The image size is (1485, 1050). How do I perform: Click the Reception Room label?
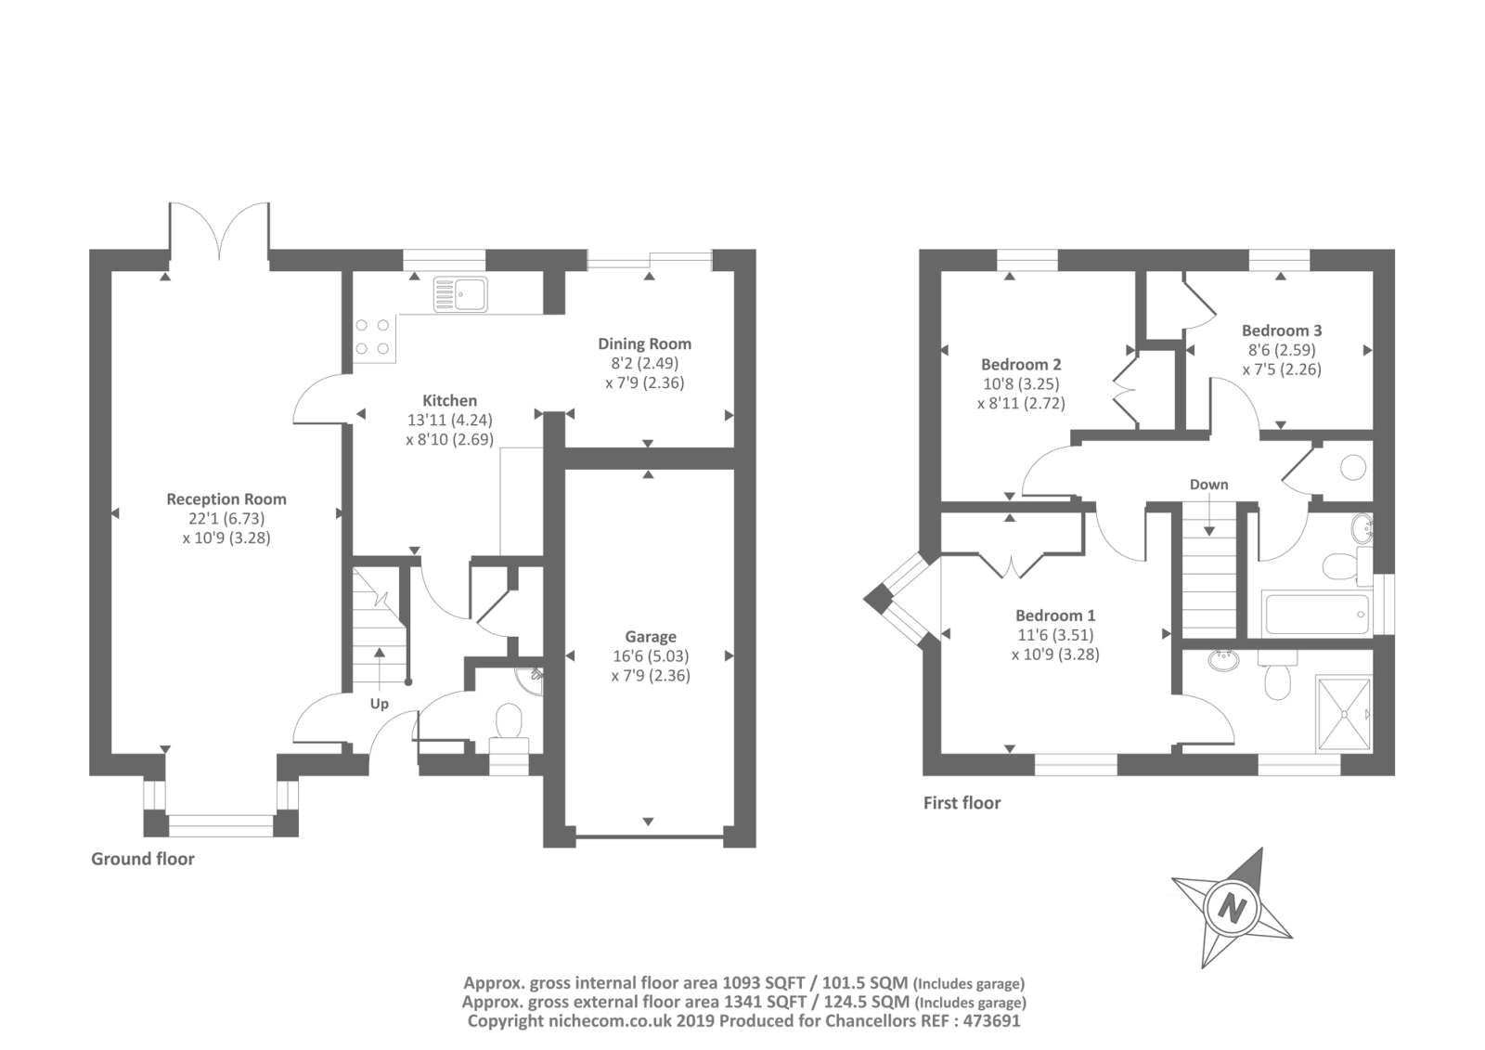coord(226,499)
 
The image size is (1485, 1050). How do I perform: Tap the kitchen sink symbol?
coord(460,294)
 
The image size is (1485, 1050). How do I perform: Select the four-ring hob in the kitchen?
coord(373,337)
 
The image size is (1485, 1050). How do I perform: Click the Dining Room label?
coord(644,344)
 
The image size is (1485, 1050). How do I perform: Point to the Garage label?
coord(651,637)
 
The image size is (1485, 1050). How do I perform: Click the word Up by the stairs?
coord(380,704)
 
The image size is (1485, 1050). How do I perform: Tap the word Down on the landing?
coord(1208,485)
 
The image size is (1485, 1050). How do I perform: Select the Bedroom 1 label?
coord(1055,615)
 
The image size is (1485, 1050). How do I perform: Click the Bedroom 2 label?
coord(1021,364)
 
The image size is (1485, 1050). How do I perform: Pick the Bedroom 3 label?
coord(1282,331)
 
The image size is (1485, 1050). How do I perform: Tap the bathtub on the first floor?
coord(1316,614)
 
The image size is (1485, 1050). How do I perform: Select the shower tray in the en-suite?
coord(1343,714)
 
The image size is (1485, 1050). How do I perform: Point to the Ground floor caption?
coord(143,859)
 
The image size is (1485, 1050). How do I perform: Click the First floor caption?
coord(962,803)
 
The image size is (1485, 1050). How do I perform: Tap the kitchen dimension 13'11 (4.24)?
coord(449,420)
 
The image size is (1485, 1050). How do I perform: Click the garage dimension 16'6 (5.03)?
coord(651,656)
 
